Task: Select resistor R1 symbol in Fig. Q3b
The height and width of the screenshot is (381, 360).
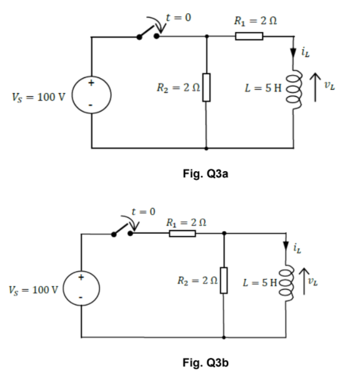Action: click(x=182, y=234)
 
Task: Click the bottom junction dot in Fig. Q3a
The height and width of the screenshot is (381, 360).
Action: click(x=206, y=149)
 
